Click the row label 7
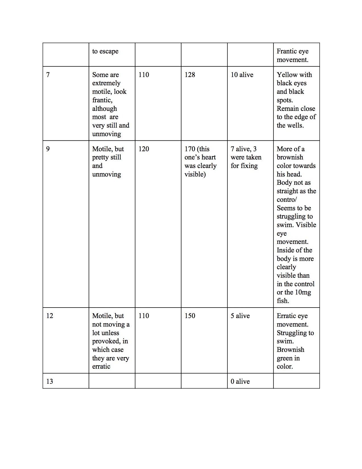(x=48, y=75)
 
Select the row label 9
(x=48, y=149)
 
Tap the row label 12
(x=50, y=316)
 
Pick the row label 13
(x=50, y=381)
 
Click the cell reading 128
(x=190, y=75)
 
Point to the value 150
(x=190, y=316)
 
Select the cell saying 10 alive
(x=242, y=75)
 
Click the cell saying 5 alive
(x=240, y=316)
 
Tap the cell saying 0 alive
(x=240, y=381)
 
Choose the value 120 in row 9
(x=144, y=149)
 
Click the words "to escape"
(x=105, y=51)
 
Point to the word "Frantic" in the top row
(x=287, y=51)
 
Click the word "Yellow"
(x=286, y=75)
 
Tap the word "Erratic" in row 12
(x=286, y=316)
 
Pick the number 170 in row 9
(x=190, y=149)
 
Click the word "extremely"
(x=106, y=83)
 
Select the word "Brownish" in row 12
(x=290, y=350)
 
